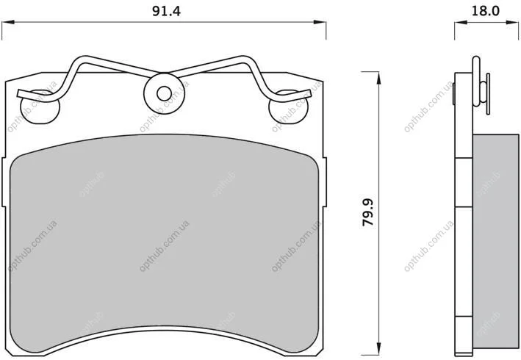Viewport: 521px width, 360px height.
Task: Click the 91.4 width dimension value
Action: point(166,11)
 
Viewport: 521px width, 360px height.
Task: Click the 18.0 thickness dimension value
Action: point(486,11)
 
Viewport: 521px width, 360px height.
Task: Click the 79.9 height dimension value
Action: point(368,212)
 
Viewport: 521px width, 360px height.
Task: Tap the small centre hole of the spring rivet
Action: point(164,93)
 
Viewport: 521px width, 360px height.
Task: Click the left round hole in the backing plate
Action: point(40,107)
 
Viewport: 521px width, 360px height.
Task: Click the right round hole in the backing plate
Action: point(288,107)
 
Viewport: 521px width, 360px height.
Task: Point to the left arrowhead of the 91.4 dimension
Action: point(8,22)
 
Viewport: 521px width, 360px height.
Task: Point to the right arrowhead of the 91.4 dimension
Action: point(320,22)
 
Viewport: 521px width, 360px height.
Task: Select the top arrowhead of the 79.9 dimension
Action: point(378,78)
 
